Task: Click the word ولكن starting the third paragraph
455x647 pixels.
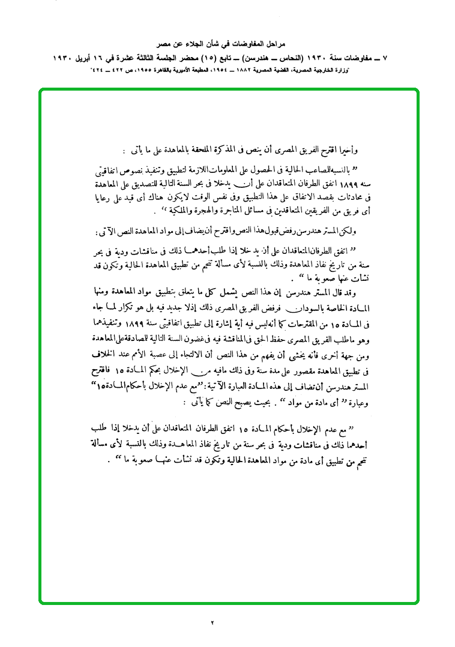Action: (x=347, y=232)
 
